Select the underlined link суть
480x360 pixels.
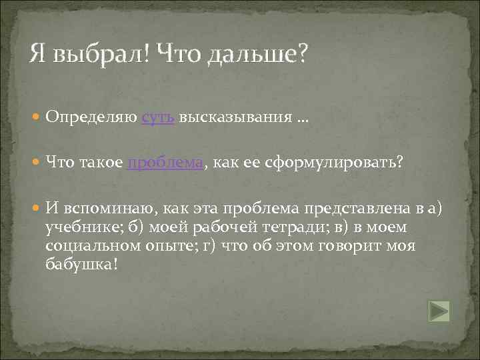click(x=158, y=117)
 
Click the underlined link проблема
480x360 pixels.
click(x=165, y=164)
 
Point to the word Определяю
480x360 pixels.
click(x=93, y=117)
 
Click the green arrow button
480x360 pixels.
click(x=439, y=311)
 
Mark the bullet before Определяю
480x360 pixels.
click(x=37, y=118)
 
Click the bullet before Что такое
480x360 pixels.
click(x=37, y=165)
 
